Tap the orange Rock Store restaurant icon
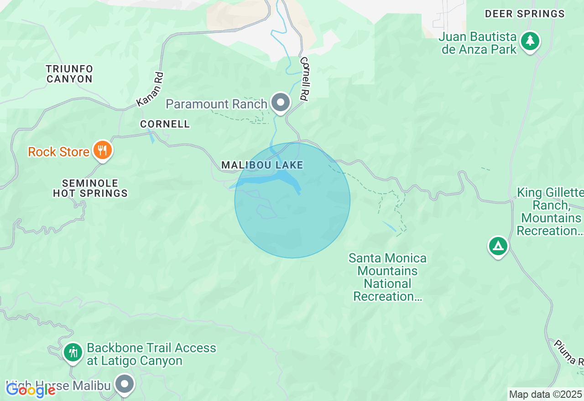(x=103, y=150)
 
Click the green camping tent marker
(x=498, y=247)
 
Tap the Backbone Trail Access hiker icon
(x=73, y=352)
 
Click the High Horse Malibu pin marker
(x=124, y=384)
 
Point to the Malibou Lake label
(x=262, y=165)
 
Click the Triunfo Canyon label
(x=70, y=74)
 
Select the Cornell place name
(x=165, y=124)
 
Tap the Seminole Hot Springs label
(x=90, y=188)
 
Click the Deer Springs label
(x=525, y=14)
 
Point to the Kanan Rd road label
(x=150, y=90)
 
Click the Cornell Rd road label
(x=303, y=79)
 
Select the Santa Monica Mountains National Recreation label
(x=387, y=277)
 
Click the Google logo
(x=31, y=390)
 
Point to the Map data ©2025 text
(x=545, y=394)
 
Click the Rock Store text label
(x=58, y=152)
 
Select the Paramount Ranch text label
(x=216, y=104)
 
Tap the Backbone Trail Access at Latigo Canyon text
(x=151, y=354)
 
